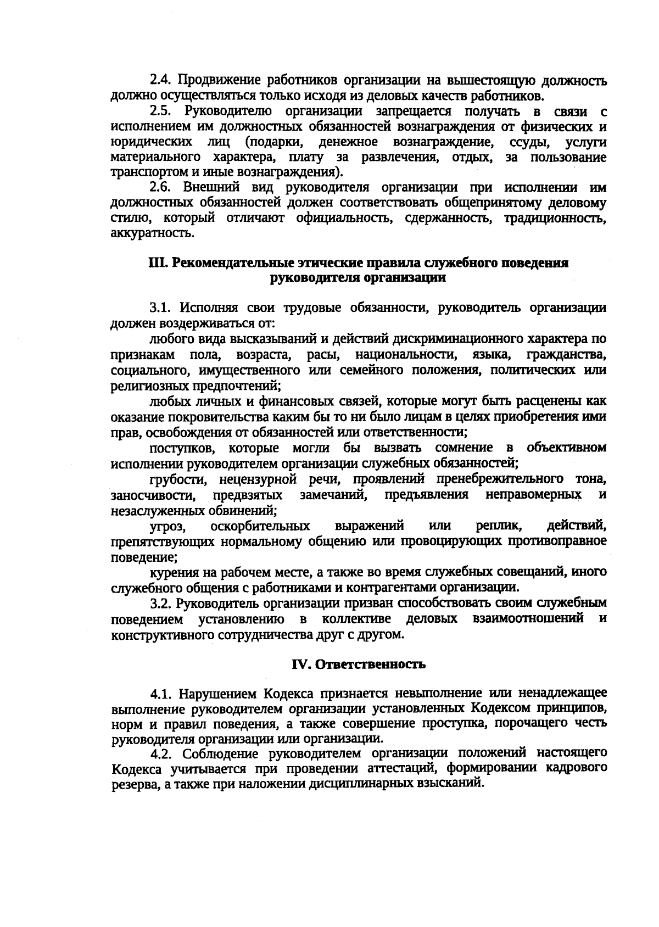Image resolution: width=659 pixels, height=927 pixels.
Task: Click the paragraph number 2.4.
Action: click(x=162, y=81)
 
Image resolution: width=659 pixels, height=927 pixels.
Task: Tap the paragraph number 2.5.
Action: click(x=162, y=111)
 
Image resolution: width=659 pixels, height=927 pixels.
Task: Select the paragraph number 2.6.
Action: click(x=162, y=188)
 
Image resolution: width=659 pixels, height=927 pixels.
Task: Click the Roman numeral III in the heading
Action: click(x=157, y=263)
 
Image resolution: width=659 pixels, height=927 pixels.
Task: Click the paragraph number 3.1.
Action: click(x=161, y=308)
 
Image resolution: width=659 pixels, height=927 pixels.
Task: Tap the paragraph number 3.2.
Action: click(x=162, y=603)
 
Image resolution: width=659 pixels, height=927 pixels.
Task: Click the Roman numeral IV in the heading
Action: click(x=300, y=664)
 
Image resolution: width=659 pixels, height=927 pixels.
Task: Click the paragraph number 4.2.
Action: click(x=162, y=753)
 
